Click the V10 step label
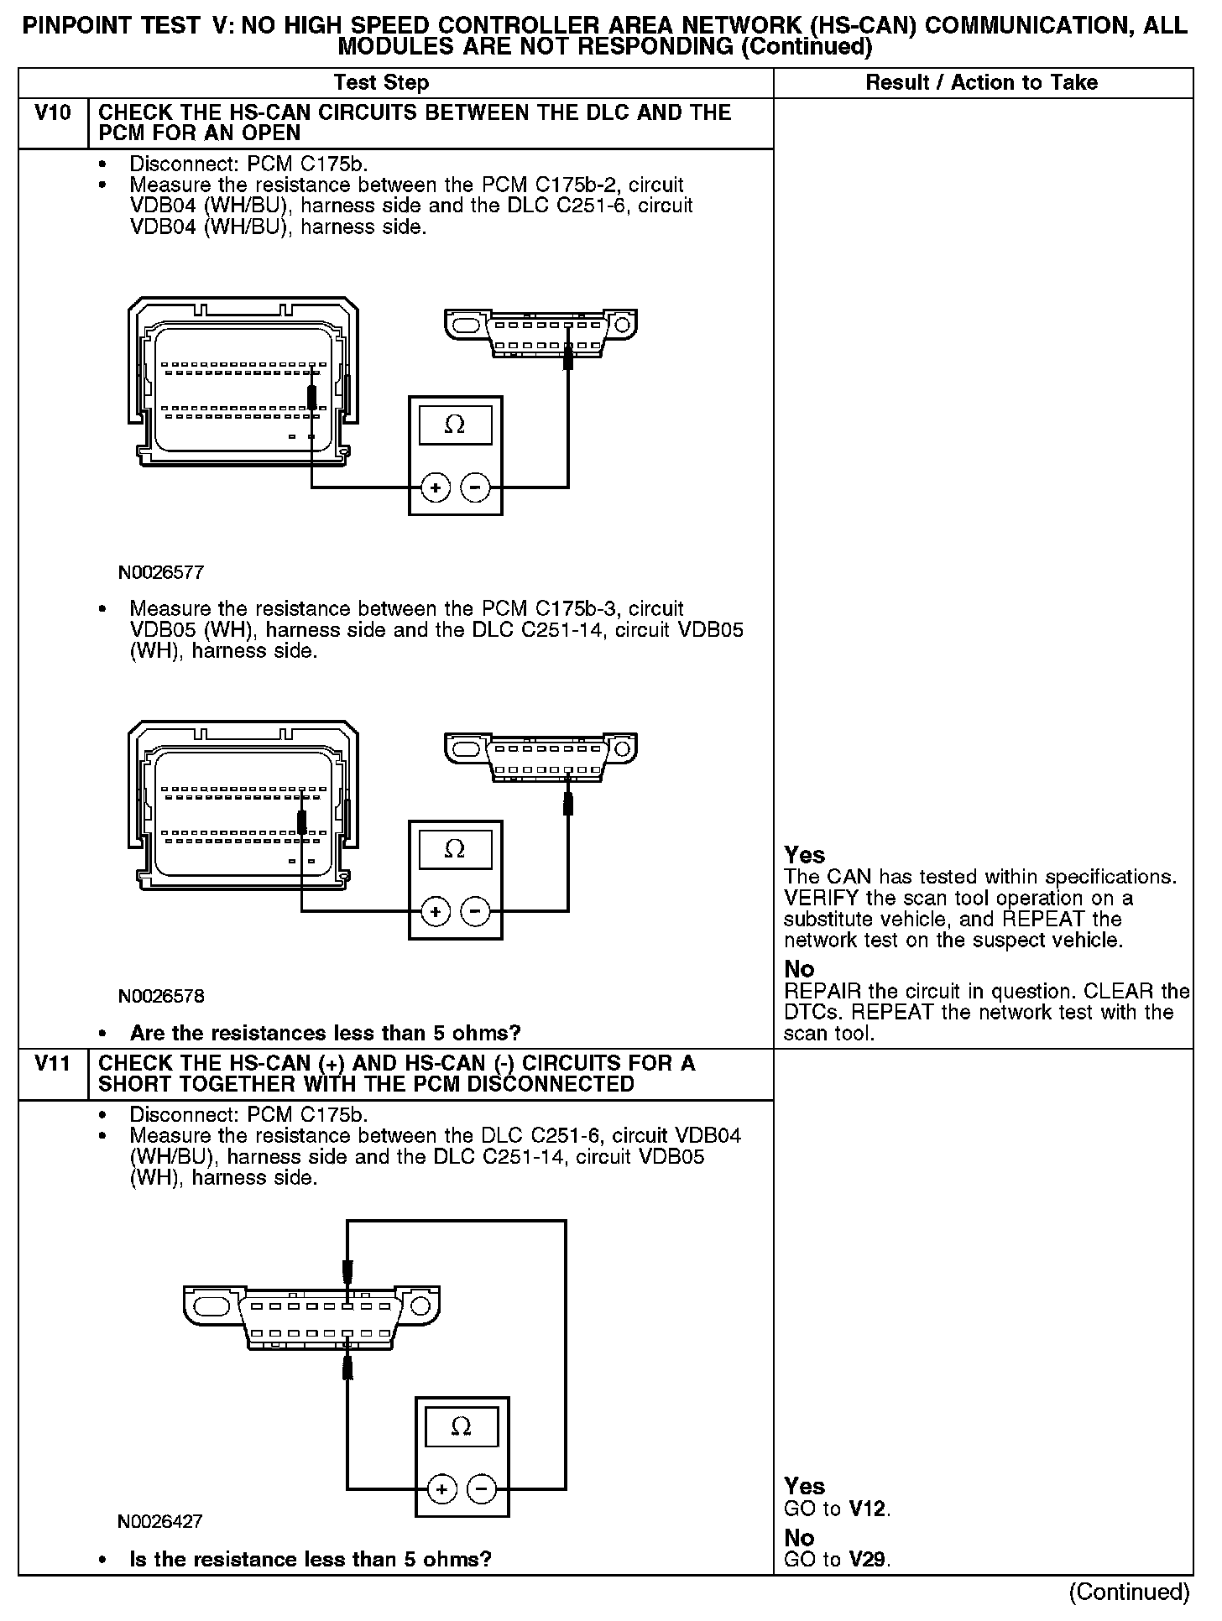[53, 112]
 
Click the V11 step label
[53, 1063]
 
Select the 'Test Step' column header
[381, 82]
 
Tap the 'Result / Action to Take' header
[981, 82]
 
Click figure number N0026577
[161, 573]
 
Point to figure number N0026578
[161, 996]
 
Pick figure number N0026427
[160, 1521]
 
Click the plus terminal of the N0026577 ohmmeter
[435, 487]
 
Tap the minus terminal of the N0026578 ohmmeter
[475, 911]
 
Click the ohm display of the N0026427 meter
[462, 1426]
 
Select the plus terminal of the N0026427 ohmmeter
[441, 1489]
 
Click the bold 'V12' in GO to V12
[868, 1509]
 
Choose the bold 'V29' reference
[868, 1560]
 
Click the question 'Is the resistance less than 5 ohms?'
[310, 1559]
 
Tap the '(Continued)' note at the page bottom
[1129, 1591]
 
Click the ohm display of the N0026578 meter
[455, 849]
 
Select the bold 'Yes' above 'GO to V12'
[804, 1486]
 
